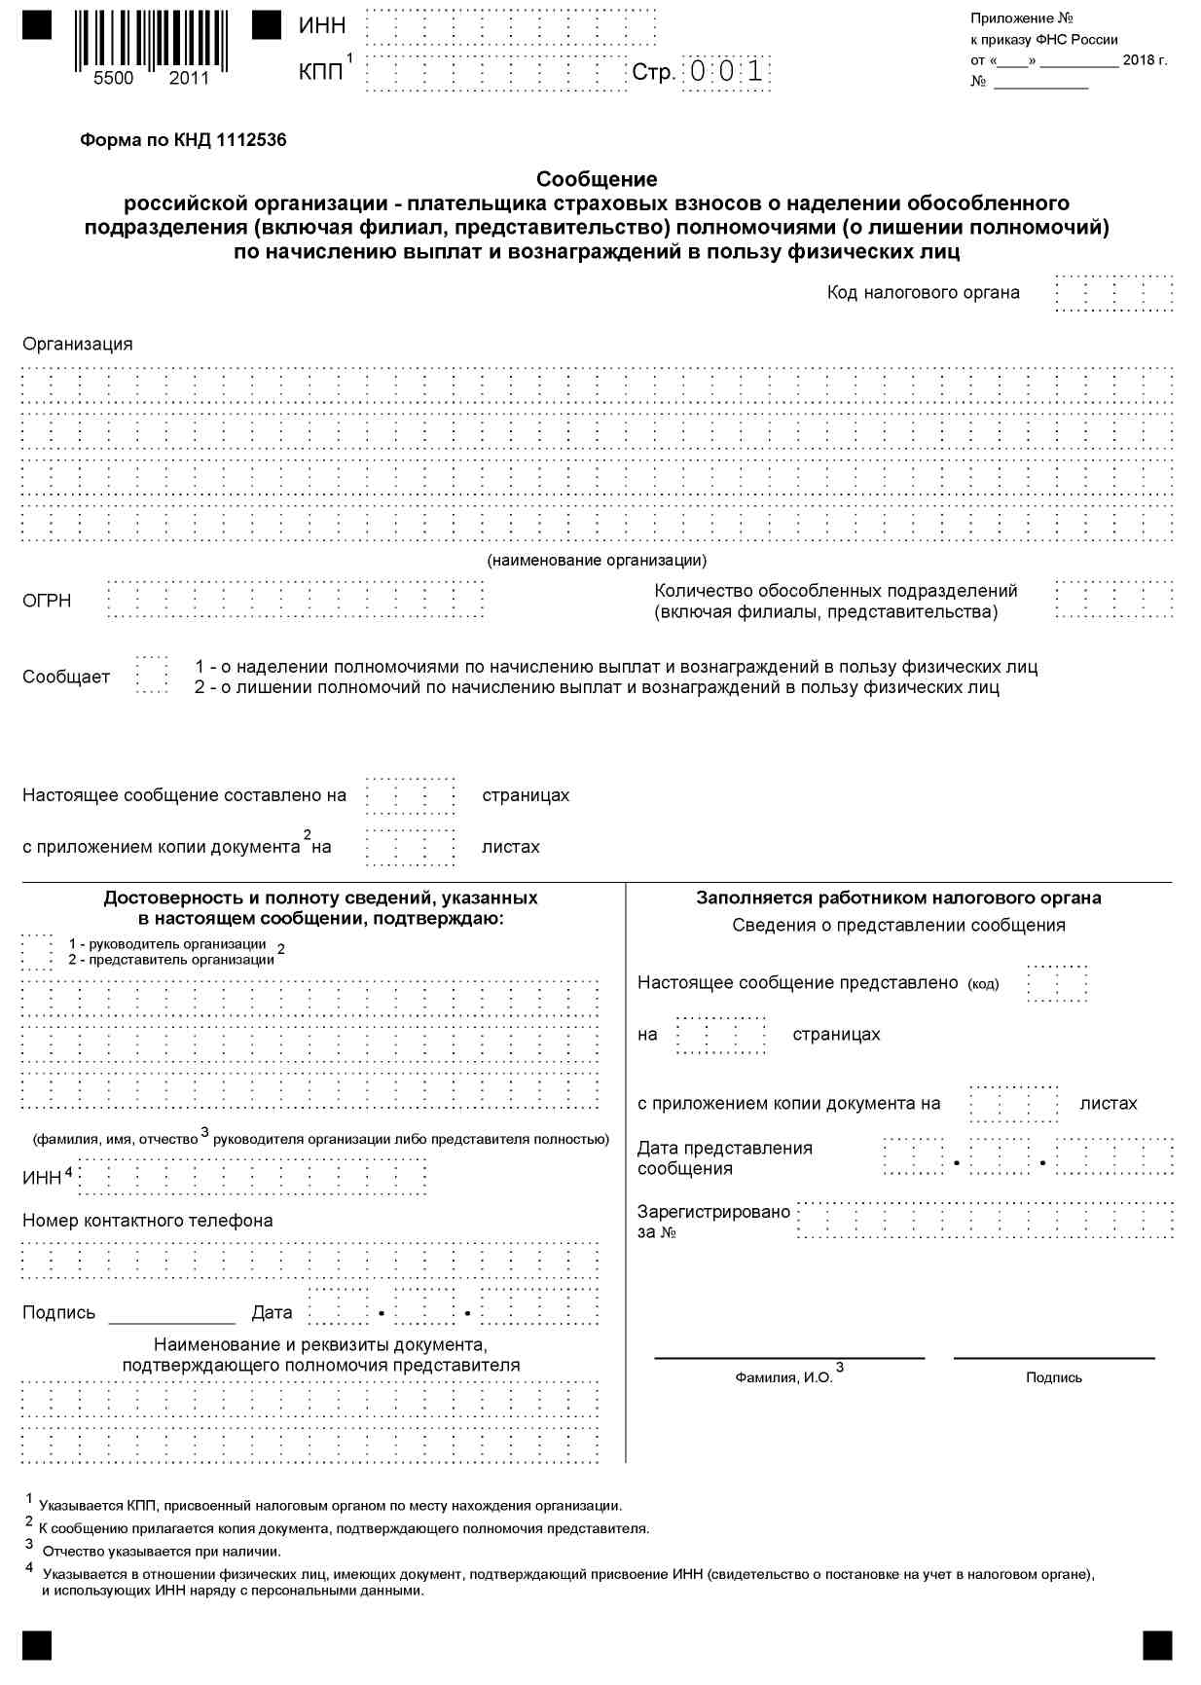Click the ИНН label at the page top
[x=322, y=26]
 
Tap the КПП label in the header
[x=321, y=73]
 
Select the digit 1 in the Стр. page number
[x=755, y=72]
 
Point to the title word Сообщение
[x=597, y=179]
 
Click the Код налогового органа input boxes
[x=1113, y=293]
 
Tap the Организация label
[x=78, y=345]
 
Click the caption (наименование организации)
[x=597, y=561]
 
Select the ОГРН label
[x=47, y=602]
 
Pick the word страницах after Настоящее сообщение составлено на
[x=526, y=796]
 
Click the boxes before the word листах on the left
[x=410, y=847]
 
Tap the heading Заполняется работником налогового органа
[x=898, y=898]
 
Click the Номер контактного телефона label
[x=148, y=1222]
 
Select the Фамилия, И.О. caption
[x=784, y=1378]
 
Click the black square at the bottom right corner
[x=1157, y=1645]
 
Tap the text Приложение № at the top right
[x=1021, y=19]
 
